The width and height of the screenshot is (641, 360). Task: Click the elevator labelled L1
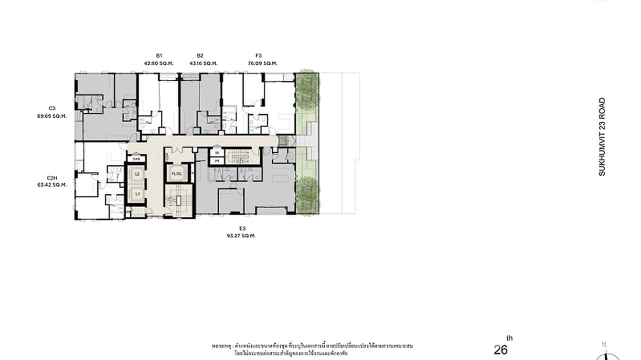click(137, 194)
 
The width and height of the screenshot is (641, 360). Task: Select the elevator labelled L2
click(137, 174)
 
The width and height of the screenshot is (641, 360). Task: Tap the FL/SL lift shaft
click(177, 173)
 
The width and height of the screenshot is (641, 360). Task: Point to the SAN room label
click(136, 159)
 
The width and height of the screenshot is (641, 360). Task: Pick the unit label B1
click(159, 55)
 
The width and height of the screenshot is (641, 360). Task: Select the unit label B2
click(200, 55)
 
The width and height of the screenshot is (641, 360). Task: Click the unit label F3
click(258, 55)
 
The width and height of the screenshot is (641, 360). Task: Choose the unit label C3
click(51, 108)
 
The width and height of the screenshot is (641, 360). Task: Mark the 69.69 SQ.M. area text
click(52, 116)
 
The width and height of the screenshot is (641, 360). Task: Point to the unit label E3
click(241, 228)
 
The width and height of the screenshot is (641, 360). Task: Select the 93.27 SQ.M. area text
click(241, 236)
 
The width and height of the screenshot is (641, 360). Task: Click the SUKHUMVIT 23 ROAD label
click(602, 137)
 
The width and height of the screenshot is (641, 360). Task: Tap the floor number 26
click(501, 350)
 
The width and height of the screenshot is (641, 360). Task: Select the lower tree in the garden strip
click(307, 195)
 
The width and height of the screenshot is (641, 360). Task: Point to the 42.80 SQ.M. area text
click(159, 63)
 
